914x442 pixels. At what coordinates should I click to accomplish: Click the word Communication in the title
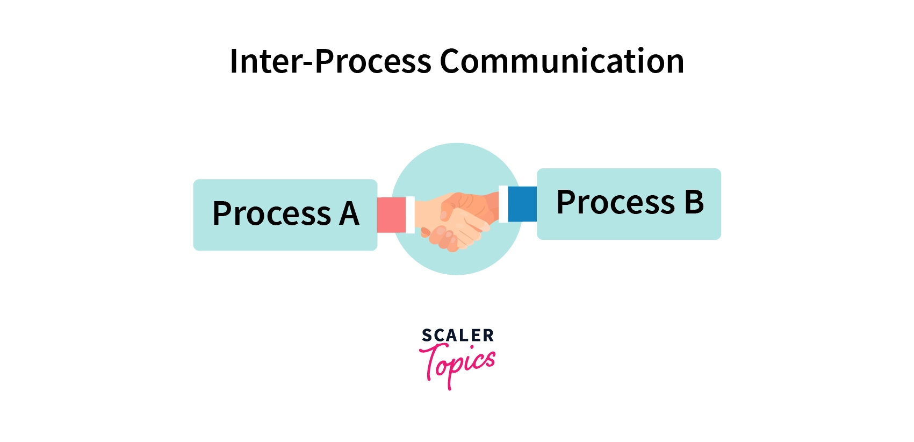(562, 61)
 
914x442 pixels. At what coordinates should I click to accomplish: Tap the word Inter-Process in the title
(330, 61)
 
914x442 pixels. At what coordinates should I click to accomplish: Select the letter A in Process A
(349, 213)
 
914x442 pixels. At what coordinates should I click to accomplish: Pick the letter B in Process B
(694, 202)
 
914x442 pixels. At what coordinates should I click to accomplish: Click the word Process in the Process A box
(271, 213)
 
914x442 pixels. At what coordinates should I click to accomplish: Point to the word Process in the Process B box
(615, 202)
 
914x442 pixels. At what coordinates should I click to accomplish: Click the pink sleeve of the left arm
(391, 215)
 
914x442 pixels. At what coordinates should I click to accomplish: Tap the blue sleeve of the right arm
(522, 204)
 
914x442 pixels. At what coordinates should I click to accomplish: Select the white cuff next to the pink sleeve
(410, 215)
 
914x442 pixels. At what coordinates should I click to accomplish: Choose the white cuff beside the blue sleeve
(503, 204)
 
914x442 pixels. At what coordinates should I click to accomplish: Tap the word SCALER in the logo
(457, 336)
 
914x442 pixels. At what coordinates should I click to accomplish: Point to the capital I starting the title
(234, 61)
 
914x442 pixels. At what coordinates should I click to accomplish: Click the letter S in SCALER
(427, 336)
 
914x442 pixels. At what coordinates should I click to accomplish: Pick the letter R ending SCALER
(488, 336)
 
